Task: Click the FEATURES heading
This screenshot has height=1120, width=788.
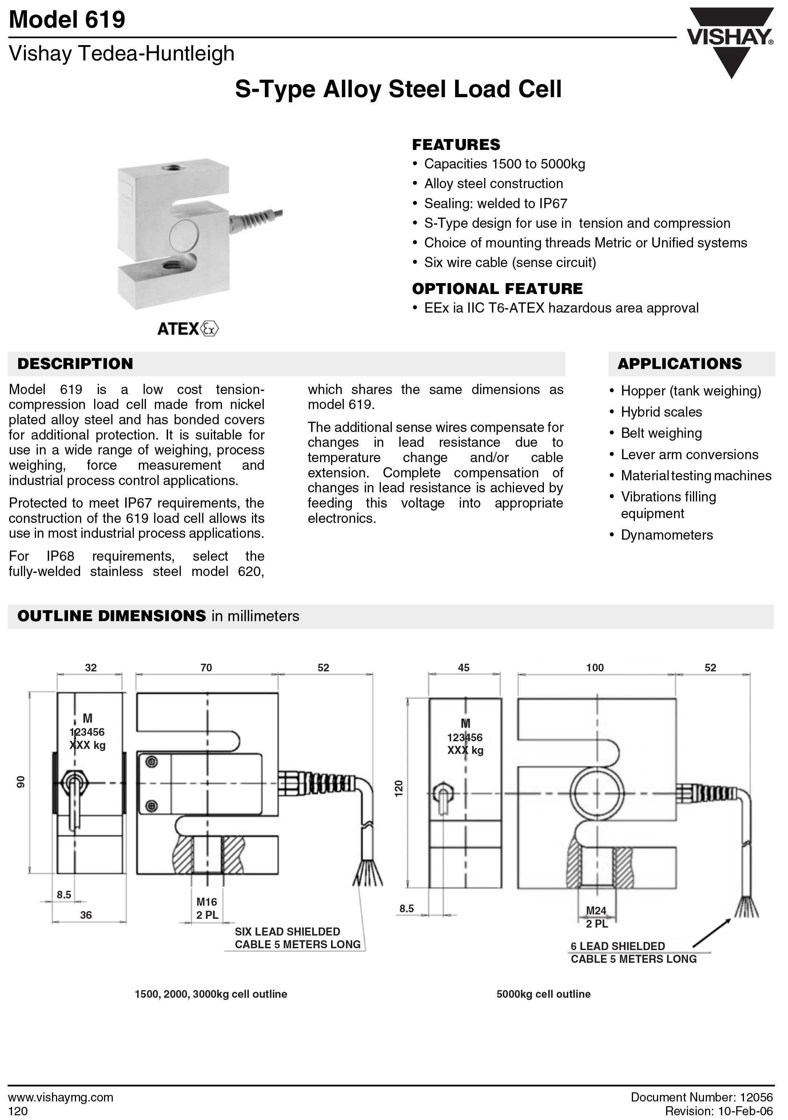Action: click(456, 144)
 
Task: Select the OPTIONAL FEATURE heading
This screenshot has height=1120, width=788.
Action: click(497, 289)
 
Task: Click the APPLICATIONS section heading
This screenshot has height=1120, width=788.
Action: click(679, 364)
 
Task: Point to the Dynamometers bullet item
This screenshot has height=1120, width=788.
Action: click(666, 535)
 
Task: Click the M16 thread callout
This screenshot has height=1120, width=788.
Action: click(207, 902)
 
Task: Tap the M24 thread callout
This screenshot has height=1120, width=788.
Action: click(596, 910)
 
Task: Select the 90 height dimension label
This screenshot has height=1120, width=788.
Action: click(20, 782)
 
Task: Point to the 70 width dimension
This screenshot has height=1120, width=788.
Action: click(206, 667)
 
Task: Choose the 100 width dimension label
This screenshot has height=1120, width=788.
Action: click(595, 667)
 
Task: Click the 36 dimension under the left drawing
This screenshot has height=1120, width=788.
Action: click(86, 915)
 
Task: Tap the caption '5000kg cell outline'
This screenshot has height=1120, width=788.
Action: click(543, 994)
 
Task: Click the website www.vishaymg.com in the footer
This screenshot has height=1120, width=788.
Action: click(61, 1097)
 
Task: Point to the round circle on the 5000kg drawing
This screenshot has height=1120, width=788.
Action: click(597, 793)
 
